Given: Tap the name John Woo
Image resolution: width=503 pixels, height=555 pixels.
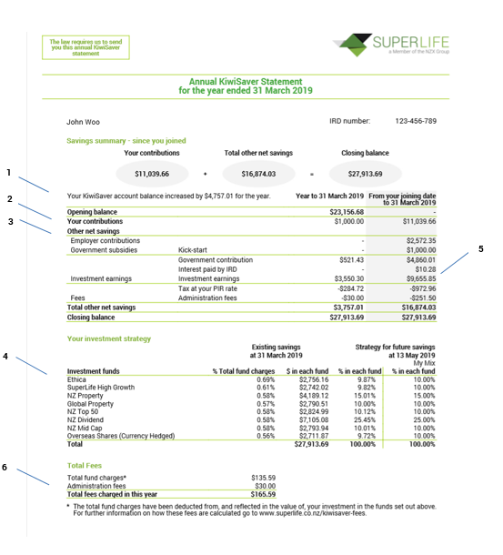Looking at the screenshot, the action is coord(85,120).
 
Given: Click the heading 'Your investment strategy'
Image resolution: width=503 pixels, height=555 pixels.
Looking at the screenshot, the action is coord(109,339).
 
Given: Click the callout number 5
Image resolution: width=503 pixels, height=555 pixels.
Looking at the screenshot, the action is coord(480,248).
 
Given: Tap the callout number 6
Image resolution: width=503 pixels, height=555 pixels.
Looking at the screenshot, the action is coord(6,468).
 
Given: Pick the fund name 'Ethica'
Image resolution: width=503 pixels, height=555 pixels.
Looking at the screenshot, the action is coord(78,378).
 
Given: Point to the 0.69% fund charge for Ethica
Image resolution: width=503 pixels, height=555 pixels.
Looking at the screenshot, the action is coord(241,378).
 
